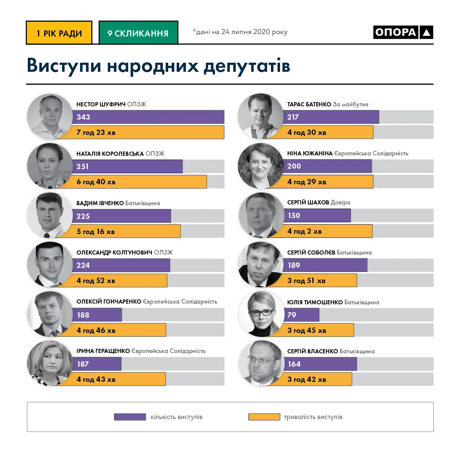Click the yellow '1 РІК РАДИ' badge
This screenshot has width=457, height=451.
59,33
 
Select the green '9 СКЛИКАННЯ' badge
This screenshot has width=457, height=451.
138,33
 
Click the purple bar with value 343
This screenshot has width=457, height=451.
148,117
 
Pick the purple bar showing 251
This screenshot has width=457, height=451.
127,166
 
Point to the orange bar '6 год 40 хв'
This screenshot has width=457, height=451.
139,182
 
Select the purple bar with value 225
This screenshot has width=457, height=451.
122,216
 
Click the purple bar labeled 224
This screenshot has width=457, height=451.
121,265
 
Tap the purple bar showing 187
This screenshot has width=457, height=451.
97,364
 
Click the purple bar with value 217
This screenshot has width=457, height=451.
331,117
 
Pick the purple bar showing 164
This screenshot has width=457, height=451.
320,364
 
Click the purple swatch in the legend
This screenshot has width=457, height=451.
130,417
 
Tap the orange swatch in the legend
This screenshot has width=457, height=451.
264,417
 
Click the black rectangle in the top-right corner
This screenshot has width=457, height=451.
403,32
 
